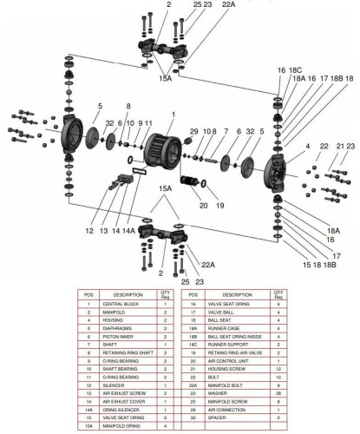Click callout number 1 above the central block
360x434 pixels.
(173, 115)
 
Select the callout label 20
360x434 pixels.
(180, 206)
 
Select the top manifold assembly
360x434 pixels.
(165, 42)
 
